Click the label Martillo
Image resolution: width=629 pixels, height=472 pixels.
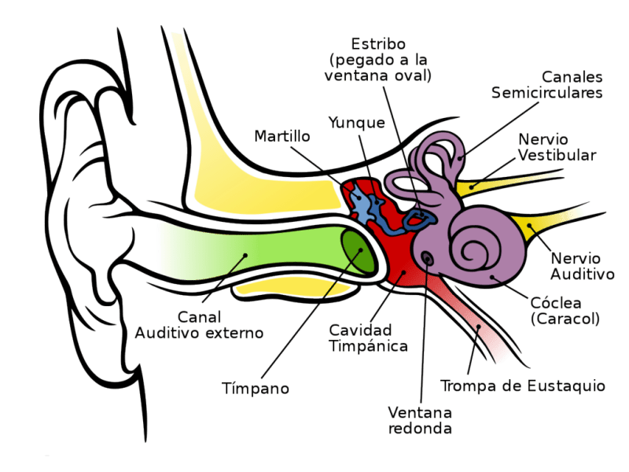click(x=282, y=136)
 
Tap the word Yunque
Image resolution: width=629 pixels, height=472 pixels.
click(x=357, y=123)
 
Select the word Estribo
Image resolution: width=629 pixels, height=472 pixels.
click(x=378, y=43)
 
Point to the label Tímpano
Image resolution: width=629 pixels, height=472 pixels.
click(x=255, y=389)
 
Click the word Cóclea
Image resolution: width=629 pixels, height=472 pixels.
click(x=556, y=303)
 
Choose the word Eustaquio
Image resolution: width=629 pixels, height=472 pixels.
click(x=565, y=386)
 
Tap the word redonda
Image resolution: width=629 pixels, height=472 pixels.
click(x=420, y=428)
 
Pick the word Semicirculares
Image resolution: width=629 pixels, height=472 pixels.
click(x=546, y=93)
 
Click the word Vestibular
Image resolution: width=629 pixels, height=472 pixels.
click(x=557, y=155)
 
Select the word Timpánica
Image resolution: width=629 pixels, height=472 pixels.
click(x=368, y=346)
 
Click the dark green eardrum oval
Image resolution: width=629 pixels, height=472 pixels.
click(x=358, y=251)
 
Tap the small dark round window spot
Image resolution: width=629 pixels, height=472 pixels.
click(x=427, y=259)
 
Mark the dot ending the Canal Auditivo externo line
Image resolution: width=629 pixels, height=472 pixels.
click(x=245, y=255)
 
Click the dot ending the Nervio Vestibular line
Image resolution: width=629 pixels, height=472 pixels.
click(x=473, y=187)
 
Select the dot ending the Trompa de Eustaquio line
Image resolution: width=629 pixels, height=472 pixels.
click(x=478, y=327)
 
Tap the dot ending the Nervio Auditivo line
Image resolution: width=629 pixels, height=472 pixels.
click(x=529, y=226)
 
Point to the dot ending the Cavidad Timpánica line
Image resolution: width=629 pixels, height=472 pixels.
click(x=403, y=272)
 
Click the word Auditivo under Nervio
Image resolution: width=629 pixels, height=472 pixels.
click(x=582, y=274)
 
